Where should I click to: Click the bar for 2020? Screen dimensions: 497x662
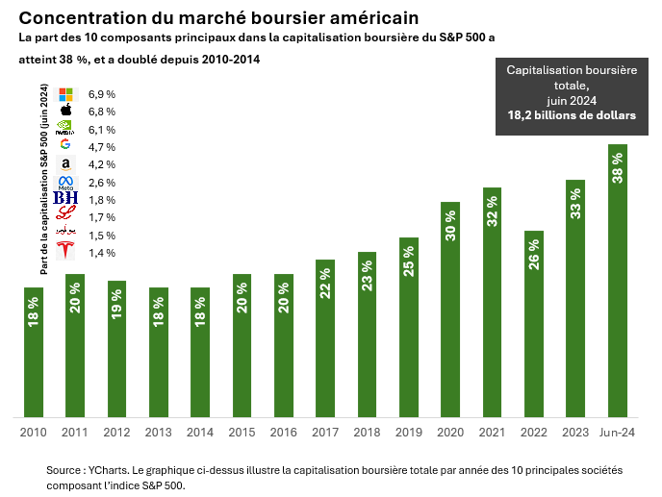450,310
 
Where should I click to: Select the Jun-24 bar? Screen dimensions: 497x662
617,281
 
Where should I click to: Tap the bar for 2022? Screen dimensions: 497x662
534,324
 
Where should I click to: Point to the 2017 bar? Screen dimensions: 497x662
325,338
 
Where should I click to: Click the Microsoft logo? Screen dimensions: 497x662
65,94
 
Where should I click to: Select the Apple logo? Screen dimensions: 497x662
65,112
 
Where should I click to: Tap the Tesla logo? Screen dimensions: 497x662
65,252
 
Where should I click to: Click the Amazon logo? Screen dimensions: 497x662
65,164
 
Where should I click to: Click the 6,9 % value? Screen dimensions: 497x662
101,94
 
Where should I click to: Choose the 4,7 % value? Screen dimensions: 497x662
101,147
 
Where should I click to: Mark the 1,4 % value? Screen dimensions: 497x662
101,253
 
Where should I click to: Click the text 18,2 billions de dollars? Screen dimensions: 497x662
572,114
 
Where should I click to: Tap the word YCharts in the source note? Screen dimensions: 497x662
106,471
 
